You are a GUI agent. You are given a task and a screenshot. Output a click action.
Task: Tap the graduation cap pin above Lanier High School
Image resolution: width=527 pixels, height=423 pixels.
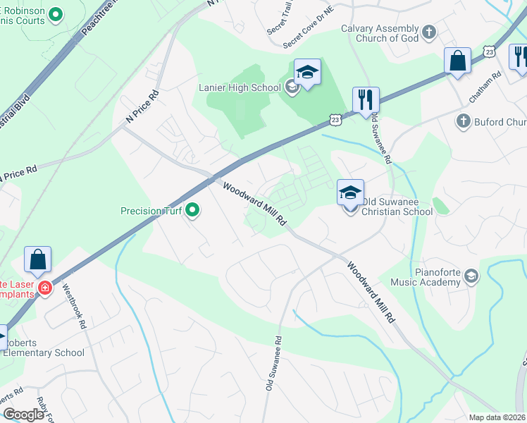pos(307,72)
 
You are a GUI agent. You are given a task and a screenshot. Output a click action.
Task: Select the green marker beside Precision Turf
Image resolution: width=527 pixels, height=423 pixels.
pos(191,210)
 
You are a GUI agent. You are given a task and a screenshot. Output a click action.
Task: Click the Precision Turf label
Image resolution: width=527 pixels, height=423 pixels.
pos(151,210)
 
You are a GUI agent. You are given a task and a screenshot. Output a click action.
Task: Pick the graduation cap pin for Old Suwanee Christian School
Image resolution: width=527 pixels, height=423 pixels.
pos(350,192)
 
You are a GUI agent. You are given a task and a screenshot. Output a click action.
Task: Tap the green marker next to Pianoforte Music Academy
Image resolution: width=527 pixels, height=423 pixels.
pos(471,278)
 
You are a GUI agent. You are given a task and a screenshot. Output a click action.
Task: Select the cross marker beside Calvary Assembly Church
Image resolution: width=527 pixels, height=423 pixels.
pos(429,32)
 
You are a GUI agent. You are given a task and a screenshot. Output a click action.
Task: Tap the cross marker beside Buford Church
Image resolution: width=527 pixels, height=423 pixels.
pos(464,121)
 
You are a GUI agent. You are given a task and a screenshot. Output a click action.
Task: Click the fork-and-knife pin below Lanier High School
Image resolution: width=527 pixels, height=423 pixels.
pos(365,100)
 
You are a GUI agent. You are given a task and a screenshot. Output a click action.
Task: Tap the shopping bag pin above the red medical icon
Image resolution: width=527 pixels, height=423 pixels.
pos(37,259)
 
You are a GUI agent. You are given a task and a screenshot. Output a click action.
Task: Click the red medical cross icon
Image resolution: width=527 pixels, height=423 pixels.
pos(45,288)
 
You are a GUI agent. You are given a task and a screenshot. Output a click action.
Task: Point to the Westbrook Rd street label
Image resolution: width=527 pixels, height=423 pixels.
pos(73,307)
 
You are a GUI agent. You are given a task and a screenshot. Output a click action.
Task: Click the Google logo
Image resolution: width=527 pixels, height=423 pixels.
pos(24,415)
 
